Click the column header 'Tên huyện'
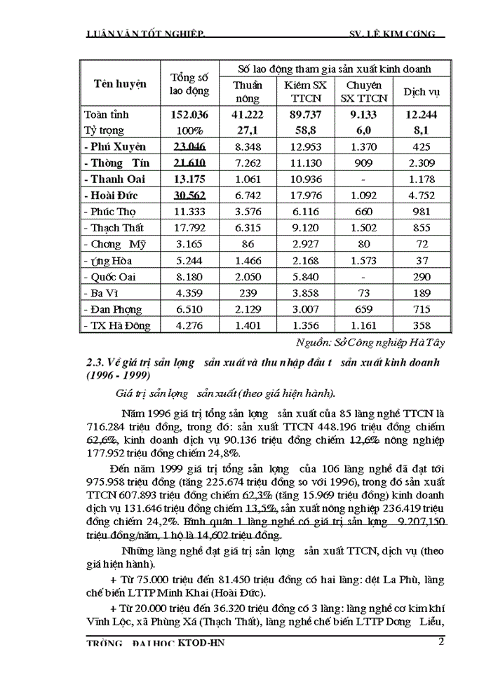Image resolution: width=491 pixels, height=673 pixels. click(121, 83)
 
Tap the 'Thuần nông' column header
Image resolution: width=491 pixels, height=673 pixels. click(247, 92)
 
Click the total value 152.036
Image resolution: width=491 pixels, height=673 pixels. click(189, 114)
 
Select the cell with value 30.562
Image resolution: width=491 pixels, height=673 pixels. click(189, 195)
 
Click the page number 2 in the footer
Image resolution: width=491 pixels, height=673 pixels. click(441, 641)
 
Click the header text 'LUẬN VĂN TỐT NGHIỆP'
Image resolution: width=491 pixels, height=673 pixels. click(144, 34)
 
